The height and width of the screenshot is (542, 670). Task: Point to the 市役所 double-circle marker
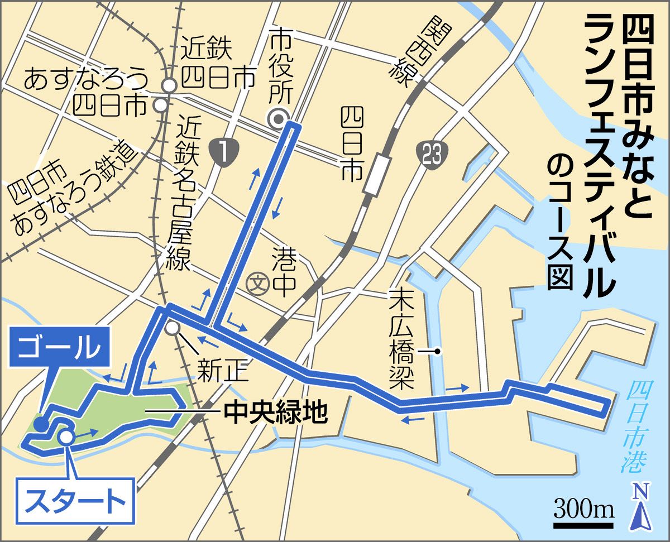pos(277,118)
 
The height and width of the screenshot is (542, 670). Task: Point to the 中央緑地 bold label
pos(274,413)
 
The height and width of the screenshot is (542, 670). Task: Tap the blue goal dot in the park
pos(41,424)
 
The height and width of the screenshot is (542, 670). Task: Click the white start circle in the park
pos(66,437)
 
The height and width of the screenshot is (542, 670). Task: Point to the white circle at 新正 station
pos(173,327)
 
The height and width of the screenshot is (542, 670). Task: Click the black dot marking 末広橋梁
pos(438,352)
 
